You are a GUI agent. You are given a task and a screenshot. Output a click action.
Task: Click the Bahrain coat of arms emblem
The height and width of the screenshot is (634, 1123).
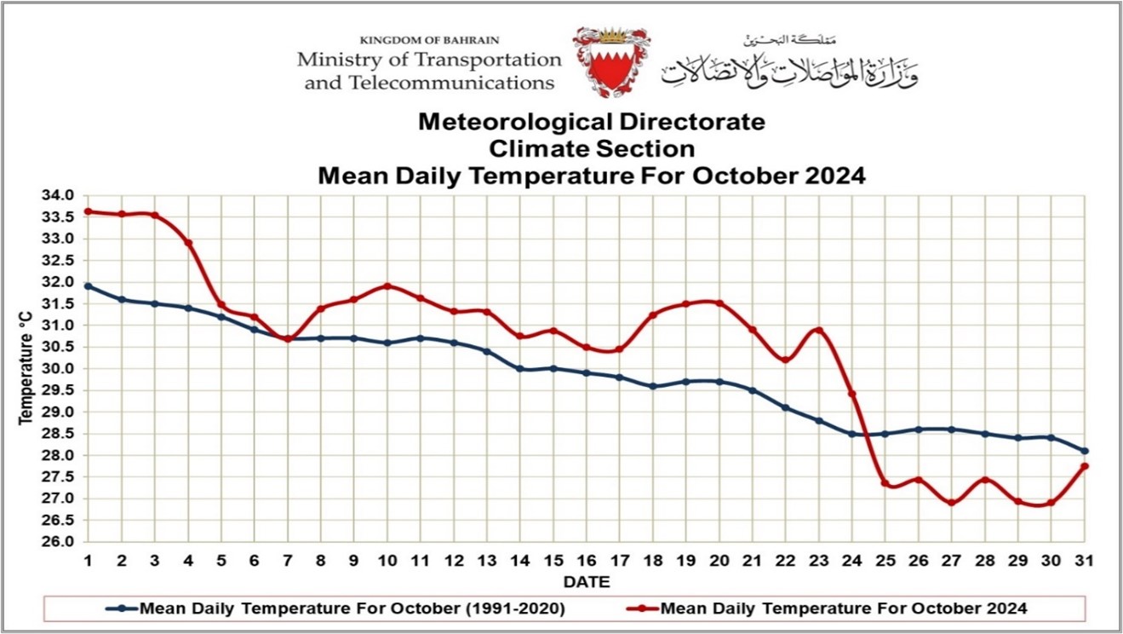pyautogui.click(x=610, y=61)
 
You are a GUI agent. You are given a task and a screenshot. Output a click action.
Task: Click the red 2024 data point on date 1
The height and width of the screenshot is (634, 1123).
pyautogui.click(x=89, y=211)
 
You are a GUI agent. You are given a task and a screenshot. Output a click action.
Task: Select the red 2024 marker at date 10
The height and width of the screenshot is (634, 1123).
pyautogui.click(x=387, y=285)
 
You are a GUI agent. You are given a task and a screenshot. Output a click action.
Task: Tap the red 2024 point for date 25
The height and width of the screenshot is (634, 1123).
pyautogui.click(x=885, y=483)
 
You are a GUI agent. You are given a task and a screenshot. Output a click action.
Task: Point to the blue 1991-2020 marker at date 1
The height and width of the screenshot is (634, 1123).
pyautogui.click(x=89, y=285)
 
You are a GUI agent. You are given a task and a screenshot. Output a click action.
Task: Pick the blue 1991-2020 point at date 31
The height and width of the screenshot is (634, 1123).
pyautogui.click(x=1085, y=451)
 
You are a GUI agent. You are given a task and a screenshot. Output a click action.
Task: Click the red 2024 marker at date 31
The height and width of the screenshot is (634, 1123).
pyautogui.click(x=1085, y=466)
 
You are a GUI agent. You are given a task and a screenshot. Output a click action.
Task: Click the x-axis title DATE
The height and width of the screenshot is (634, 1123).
pyautogui.click(x=586, y=582)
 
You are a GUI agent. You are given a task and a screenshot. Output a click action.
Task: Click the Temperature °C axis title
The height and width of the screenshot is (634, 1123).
pyautogui.click(x=26, y=368)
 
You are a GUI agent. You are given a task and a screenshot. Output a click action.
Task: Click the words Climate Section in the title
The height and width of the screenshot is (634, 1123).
pyautogui.click(x=591, y=149)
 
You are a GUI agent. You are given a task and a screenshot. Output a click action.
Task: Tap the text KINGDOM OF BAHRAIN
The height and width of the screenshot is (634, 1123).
pyautogui.click(x=429, y=40)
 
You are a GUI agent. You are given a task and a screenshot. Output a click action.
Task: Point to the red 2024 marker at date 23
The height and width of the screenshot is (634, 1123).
pyautogui.click(x=819, y=330)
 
